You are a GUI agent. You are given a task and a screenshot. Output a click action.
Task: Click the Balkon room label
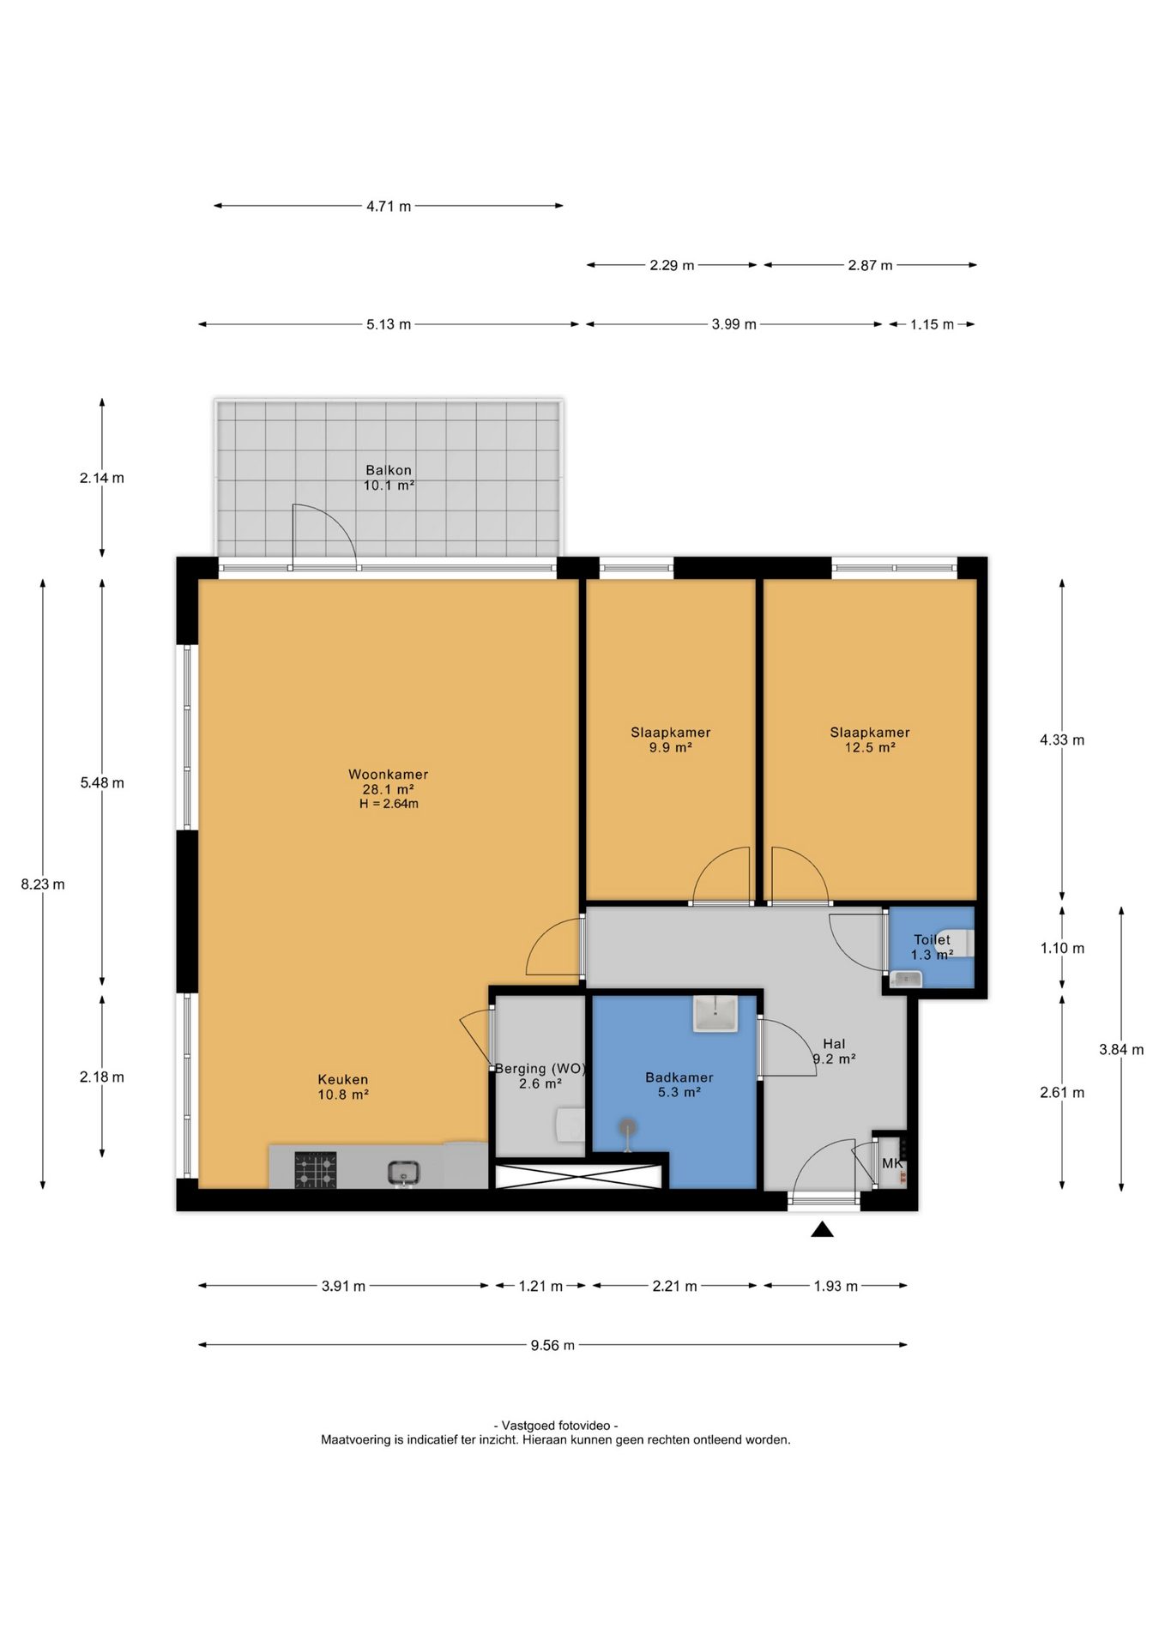(389, 477)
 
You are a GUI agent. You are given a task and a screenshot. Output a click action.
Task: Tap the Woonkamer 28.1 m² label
(388, 781)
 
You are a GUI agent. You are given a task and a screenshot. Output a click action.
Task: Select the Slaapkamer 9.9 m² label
(671, 739)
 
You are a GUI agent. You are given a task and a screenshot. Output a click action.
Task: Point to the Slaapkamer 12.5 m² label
(870, 739)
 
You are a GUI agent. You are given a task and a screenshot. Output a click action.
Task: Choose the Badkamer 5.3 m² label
(679, 1084)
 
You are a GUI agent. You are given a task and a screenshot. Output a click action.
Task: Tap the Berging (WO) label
(540, 1069)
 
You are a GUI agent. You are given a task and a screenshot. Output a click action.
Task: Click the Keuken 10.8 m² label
(343, 1087)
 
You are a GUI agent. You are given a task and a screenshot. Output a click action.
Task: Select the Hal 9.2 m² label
(834, 1051)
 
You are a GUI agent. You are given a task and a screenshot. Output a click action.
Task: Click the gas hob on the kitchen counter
(316, 1170)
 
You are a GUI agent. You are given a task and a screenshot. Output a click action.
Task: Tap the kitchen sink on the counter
(403, 1172)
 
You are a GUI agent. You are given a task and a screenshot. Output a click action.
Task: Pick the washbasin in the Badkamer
(715, 1013)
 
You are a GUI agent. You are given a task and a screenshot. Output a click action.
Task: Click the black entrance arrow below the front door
(823, 1230)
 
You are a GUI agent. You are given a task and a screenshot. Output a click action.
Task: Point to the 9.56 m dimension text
(552, 1345)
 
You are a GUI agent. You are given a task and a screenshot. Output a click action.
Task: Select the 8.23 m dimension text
(43, 884)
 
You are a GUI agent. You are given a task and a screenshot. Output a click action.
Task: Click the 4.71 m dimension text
(389, 206)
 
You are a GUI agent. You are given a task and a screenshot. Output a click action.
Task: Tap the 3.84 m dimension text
(1121, 1049)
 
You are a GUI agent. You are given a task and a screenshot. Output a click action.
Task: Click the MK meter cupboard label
(892, 1163)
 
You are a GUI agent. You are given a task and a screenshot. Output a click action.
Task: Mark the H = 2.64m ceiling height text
(389, 804)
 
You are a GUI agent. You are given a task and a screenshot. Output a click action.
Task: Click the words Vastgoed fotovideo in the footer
(556, 1425)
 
